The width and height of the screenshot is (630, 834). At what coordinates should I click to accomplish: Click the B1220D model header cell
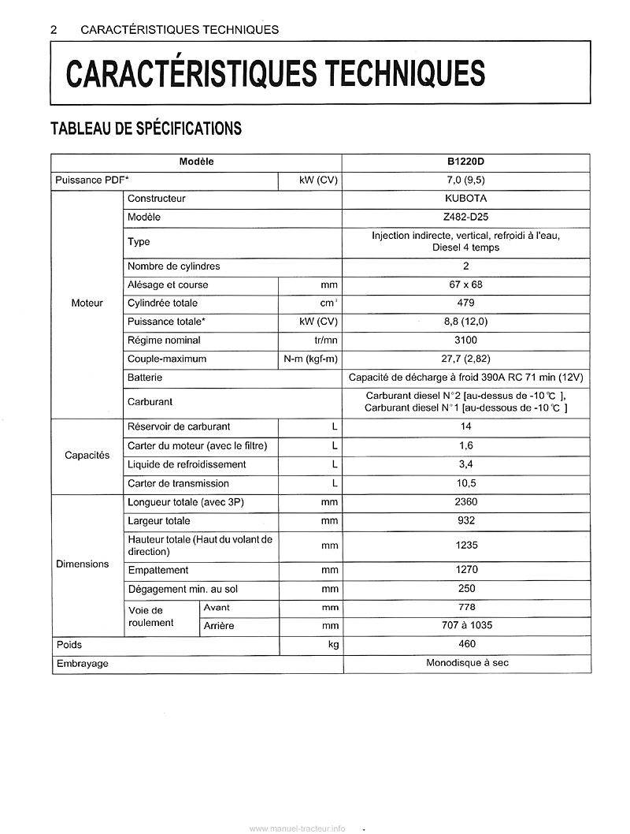(465, 162)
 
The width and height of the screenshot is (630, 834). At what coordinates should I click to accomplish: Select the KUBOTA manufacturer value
(466, 199)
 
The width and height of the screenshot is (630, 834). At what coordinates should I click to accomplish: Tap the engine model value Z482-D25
(466, 217)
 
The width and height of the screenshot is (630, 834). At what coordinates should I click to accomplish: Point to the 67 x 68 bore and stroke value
(466, 285)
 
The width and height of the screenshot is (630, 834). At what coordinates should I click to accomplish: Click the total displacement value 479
(466, 303)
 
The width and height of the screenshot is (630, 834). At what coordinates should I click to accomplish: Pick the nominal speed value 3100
(466, 341)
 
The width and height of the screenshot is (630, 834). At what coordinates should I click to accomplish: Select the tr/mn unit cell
(324, 341)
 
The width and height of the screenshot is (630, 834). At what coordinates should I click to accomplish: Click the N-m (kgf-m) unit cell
(311, 359)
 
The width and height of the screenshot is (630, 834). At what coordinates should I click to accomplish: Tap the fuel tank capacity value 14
(466, 426)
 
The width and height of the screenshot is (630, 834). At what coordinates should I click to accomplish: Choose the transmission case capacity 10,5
(466, 483)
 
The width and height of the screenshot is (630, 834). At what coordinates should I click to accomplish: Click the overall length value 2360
(466, 502)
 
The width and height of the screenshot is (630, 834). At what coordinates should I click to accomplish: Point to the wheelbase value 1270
(466, 570)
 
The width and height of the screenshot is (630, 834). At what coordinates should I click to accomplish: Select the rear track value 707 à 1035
(466, 626)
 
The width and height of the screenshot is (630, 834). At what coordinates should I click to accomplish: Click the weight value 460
(466, 645)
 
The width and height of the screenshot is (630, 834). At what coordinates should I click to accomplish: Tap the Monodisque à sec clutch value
(467, 663)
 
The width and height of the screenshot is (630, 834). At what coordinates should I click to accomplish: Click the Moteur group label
(87, 303)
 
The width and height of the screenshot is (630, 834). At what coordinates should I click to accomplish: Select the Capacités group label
(87, 456)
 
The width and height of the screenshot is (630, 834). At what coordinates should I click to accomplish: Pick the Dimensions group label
(83, 564)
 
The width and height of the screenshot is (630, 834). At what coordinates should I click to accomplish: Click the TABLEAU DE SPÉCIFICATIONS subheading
(146, 128)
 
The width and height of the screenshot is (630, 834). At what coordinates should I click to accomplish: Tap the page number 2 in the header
(54, 30)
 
